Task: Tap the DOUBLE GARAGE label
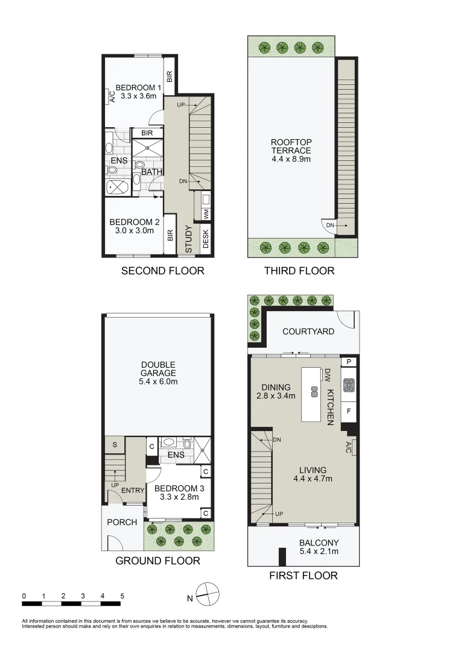coord(158,373)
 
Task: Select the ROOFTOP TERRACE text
coord(291,151)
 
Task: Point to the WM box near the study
coord(206,214)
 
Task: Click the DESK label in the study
coord(206,240)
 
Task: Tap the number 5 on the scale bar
coord(122,596)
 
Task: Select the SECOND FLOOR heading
coord(162,271)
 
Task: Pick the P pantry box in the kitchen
coord(349,362)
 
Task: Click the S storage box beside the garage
coord(114,445)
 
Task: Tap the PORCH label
coord(122,521)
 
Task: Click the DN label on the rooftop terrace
coord(330,225)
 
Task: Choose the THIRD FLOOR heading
coord(299,271)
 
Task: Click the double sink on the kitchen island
coord(314,391)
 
